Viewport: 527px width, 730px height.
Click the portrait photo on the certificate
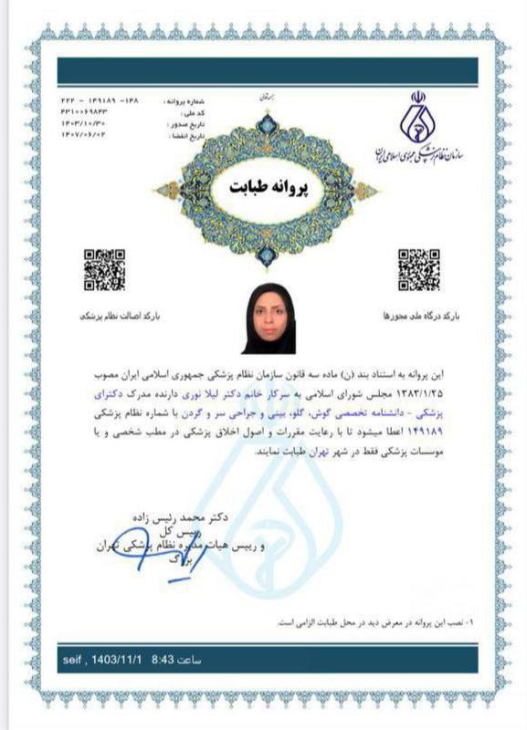click(269, 323)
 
